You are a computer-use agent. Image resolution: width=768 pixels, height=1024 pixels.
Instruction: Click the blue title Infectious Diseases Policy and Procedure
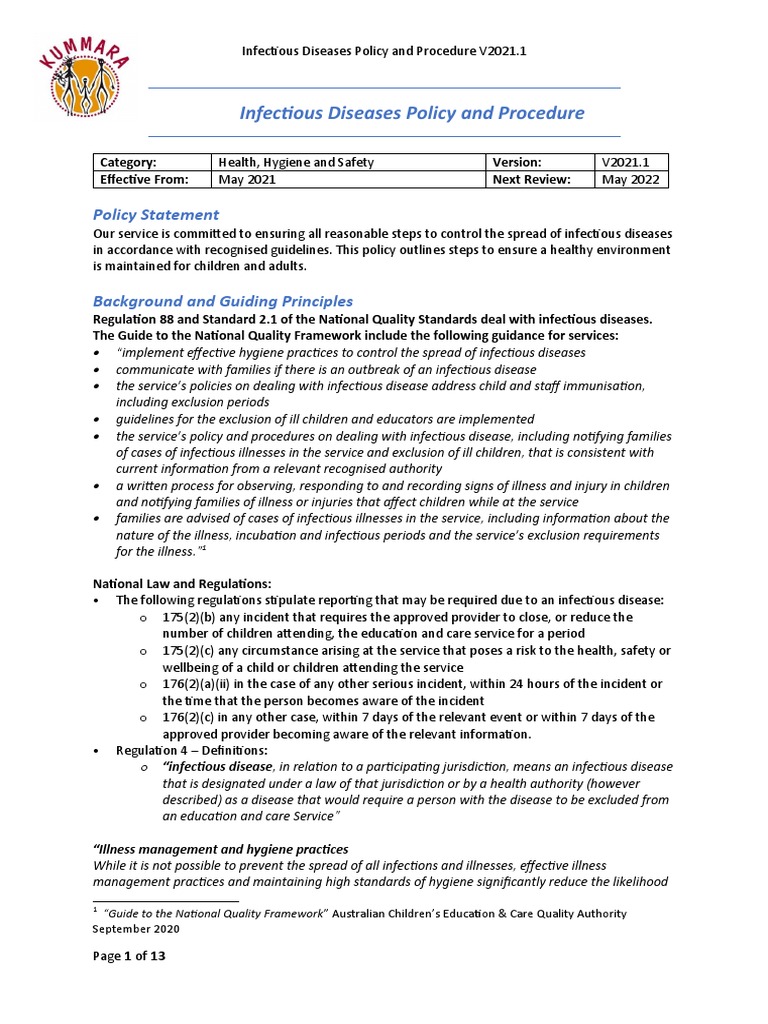click(x=411, y=113)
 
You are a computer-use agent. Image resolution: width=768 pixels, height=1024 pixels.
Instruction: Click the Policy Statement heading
click(x=155, y=215)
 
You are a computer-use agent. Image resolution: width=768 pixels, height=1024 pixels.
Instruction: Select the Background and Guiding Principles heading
click(x=222, y=301)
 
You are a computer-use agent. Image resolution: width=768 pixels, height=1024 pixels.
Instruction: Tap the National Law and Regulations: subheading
click(x=182, y=583)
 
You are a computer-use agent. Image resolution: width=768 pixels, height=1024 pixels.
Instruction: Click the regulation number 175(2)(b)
click(x=195, y=617)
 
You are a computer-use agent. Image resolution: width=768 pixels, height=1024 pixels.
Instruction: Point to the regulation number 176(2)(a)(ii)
click(x=203, y=683)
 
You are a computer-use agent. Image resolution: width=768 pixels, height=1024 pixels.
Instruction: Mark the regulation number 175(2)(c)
click(x=195, y=650)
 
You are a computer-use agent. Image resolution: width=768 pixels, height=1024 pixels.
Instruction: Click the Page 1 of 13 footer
click(x=129, y=955)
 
